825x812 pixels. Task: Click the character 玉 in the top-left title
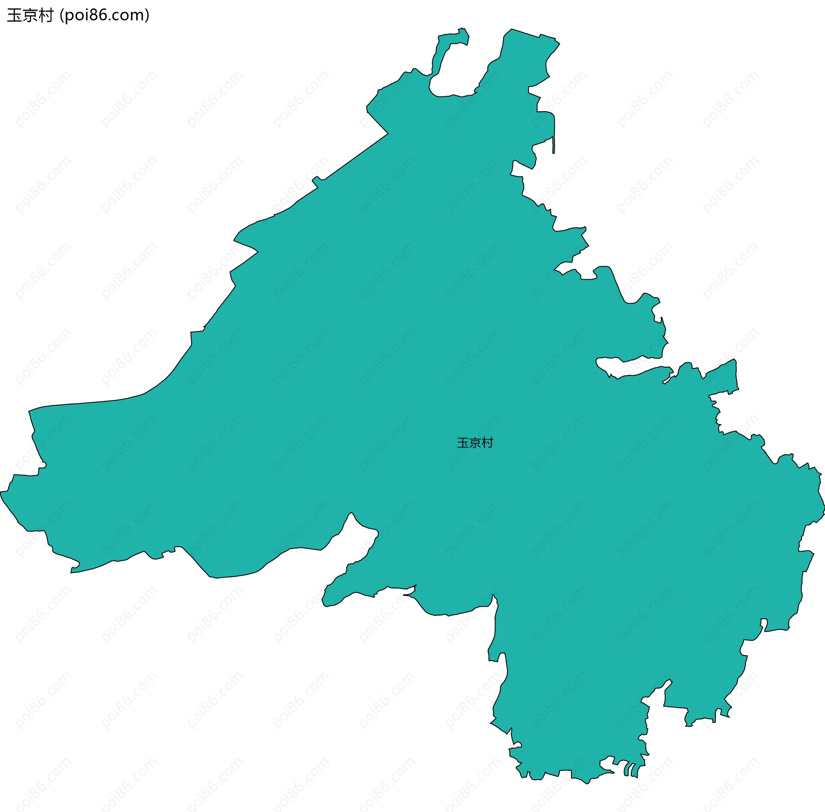[x=14, y=15]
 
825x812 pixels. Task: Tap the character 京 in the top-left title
[x=30, y=15]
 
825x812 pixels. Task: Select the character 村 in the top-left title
[x=45, y=15]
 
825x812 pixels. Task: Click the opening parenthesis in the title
[x=62, y=15]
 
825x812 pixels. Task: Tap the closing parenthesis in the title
[x=147, y=15]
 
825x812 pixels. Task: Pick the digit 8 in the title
[x=96, y=15]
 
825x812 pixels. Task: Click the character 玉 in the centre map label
[x=463, y=443]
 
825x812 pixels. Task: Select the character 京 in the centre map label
[x=475, y=443]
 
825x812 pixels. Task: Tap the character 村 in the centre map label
[x=487, y=443]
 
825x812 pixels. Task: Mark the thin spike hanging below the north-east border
[x=553, y=146]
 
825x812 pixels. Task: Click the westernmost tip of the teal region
[x=1, y=493]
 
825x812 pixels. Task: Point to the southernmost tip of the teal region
[x=587, y=784]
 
